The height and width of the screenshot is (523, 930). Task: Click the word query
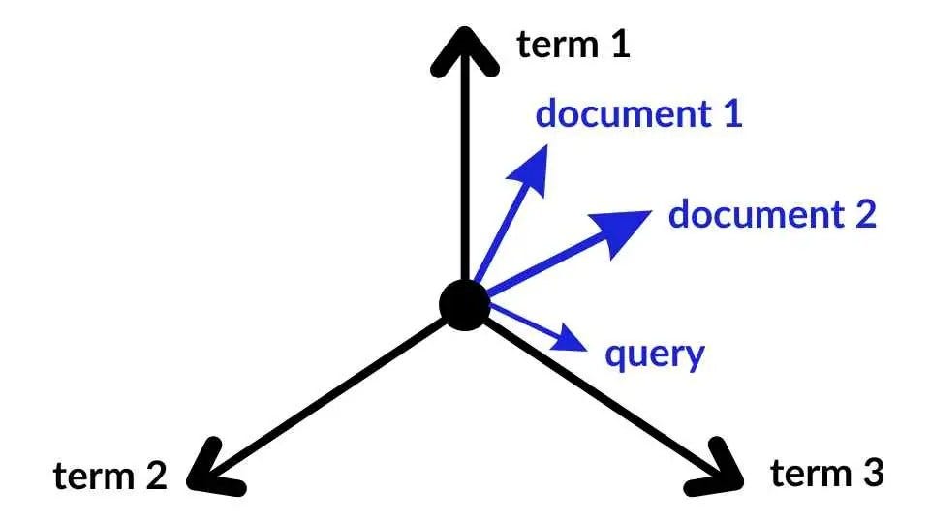(654, 355)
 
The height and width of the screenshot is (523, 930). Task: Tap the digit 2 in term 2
(155, 476)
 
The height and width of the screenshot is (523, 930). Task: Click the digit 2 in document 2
(864, 213)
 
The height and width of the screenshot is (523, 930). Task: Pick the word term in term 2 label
(92, 476)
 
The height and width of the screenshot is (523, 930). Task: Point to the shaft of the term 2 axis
(339, 387)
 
